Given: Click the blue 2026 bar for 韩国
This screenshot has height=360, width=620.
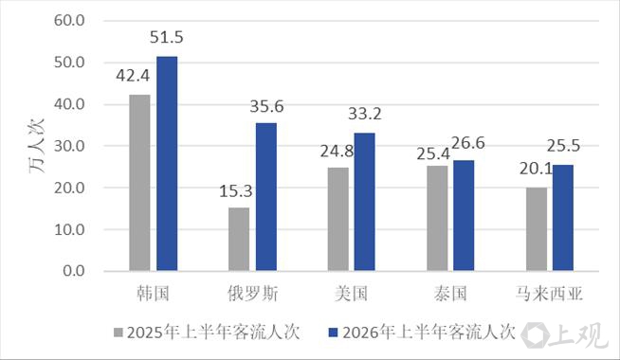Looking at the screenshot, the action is coord(167,164).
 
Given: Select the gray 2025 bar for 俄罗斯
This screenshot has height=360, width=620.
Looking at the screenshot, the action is coord(239,239).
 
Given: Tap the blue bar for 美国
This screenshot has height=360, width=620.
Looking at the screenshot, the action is coord(365,202).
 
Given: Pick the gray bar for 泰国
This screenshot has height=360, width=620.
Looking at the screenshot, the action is coord(437,218).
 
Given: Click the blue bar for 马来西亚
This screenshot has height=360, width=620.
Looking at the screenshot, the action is coord(563,218).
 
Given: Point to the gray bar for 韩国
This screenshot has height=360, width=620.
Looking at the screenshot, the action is coord(139,183).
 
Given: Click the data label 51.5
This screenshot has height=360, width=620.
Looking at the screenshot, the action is coord(167,37).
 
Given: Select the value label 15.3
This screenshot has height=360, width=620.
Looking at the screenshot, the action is coord(236,191).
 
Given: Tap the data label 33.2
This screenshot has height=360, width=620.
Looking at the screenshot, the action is coord(365,114).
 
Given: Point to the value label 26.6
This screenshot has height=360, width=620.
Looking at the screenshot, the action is coord(468,143).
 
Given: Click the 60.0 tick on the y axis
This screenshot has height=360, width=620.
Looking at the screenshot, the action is coord(69,21).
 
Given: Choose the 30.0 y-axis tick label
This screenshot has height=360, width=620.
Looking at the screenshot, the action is coord(69,146).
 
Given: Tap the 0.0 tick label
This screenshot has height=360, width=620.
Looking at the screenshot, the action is coord(74,271).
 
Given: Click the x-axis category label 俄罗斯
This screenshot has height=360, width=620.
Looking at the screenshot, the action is coord(253,294).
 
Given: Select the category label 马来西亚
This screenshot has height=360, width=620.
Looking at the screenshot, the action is coord(549,294).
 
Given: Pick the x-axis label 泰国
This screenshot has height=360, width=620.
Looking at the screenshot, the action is coord(450,294).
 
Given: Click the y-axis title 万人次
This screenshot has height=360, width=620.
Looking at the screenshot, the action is coord(37,146).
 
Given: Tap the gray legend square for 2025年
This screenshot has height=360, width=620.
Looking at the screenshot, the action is coord(119,333).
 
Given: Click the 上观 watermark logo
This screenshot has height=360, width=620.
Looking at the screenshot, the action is coord(565,335).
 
